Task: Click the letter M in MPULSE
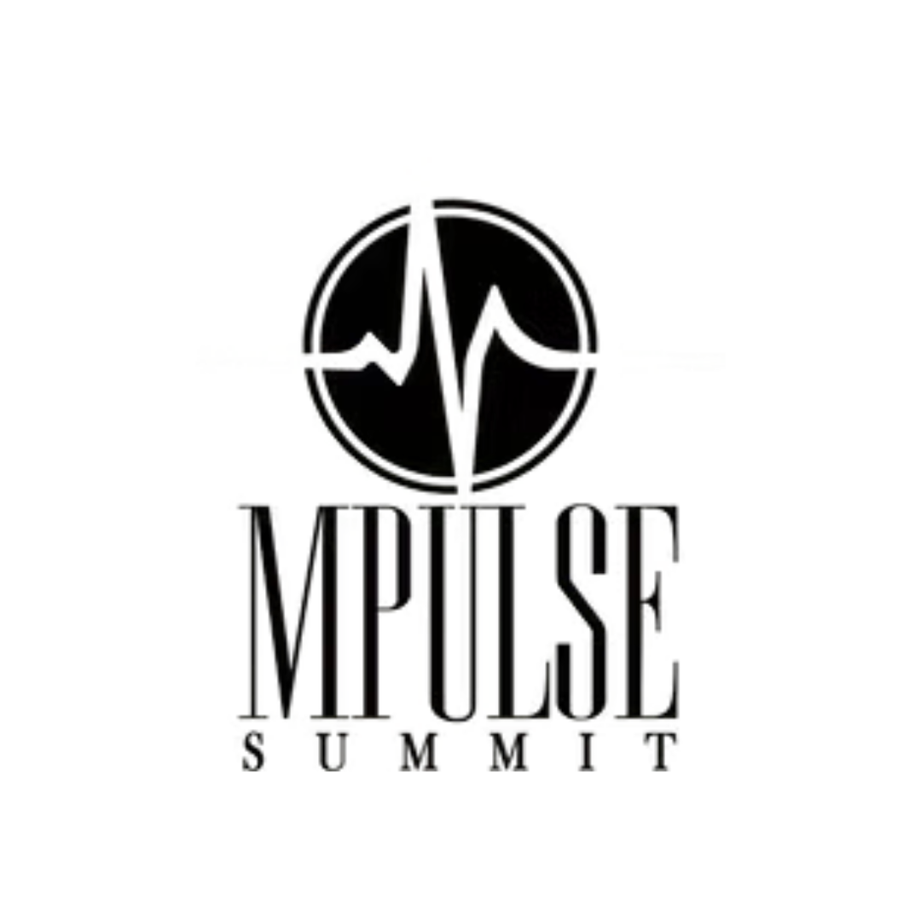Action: (294, 610)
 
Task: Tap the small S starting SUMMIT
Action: (252, 751)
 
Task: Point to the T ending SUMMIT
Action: (657, 751)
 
